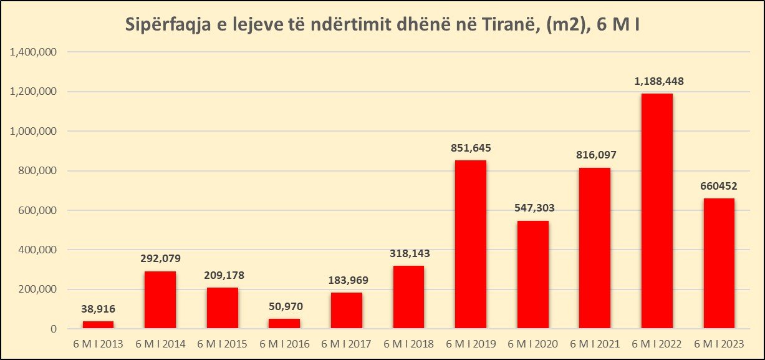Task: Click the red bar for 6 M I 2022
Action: point(657,211)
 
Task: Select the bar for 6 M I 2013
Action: point(99,325)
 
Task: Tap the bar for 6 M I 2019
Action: point(471,245)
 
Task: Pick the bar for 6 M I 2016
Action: point(284,324)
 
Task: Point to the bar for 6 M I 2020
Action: point(533,275)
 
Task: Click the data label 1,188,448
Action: point(657,81)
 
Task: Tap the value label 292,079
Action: point(160,258)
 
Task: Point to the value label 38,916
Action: point(99,308)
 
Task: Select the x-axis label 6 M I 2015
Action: point(223,343)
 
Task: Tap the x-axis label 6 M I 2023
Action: point(719,343)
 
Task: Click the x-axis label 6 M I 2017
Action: point(347,343)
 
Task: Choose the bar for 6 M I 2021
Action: point(595,248)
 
